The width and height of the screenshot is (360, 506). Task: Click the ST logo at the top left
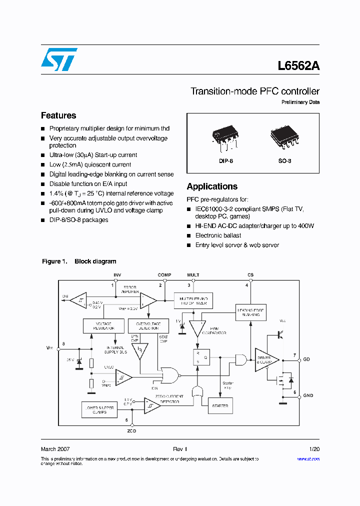point(59,59)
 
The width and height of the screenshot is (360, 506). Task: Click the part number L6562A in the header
point(298,66)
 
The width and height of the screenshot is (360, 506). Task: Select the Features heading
point(58,115)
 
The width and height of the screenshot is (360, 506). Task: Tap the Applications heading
point(212,186)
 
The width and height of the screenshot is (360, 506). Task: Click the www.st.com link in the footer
point(308,458)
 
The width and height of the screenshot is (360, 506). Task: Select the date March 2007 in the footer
point(55,449)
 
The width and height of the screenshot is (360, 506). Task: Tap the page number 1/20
point(314,449)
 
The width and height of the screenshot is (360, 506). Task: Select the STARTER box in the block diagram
point(220,406)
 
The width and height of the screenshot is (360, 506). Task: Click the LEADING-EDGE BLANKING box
point(250,313)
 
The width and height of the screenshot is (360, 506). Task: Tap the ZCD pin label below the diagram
point(131,430)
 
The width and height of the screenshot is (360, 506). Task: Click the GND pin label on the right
point(308,395)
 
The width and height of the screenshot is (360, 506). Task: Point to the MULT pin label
point(193,275)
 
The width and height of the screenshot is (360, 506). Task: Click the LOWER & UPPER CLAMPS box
point(100,410)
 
